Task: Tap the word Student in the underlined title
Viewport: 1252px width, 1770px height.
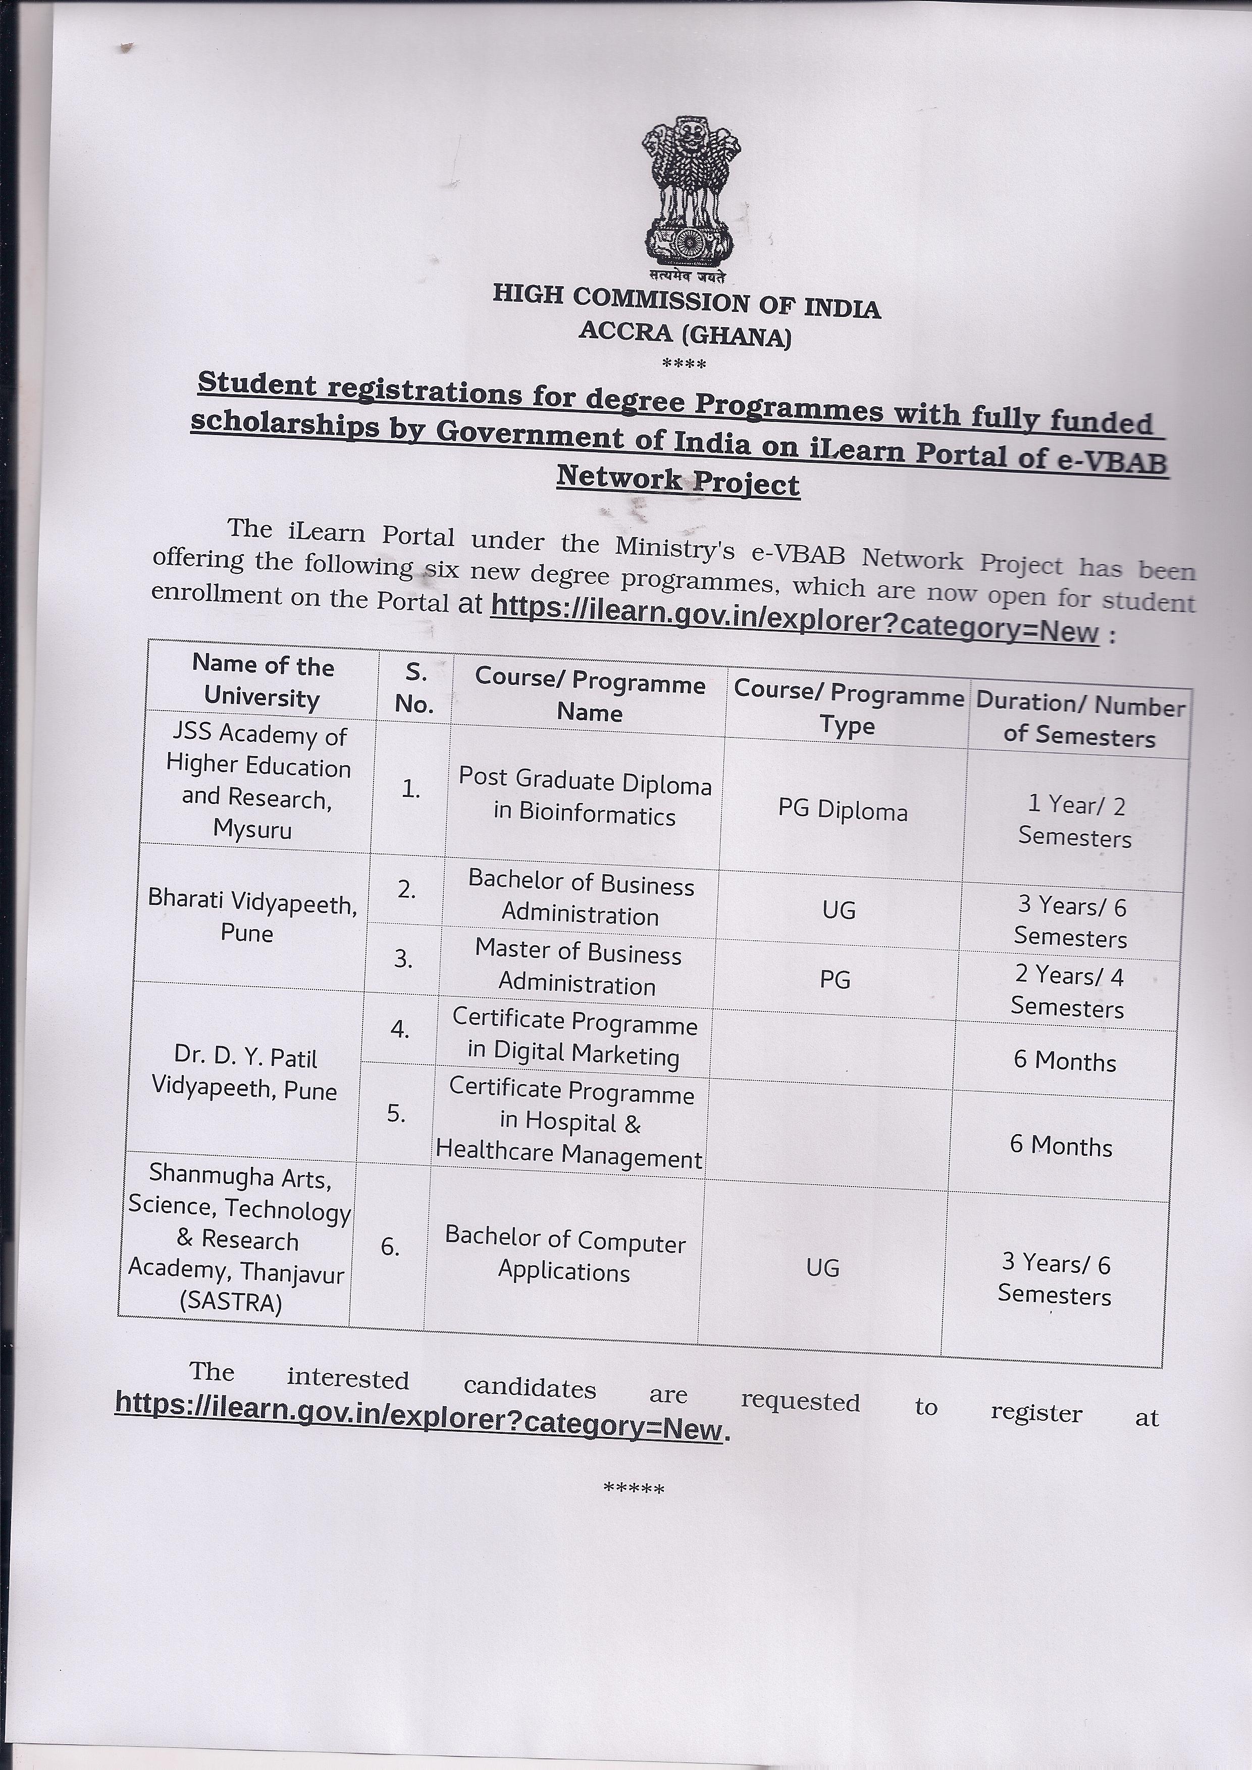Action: click(257, 385)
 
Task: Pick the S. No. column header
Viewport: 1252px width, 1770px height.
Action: click(415, 687)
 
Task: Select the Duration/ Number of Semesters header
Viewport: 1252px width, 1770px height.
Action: click(1079, 721)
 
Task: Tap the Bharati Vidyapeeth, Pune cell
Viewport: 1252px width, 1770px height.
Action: click(251, 918)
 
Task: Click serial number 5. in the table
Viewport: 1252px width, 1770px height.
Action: click(396, 1113)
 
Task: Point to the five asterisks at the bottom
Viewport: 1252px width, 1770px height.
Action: click(634, 1488)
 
